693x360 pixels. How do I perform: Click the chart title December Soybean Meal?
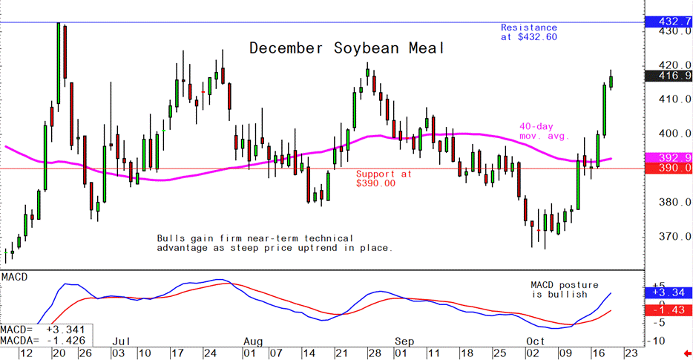(x=346, y=49)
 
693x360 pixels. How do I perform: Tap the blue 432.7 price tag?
(x=669, y=21)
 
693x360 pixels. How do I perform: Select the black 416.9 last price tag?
(x=669, y=76)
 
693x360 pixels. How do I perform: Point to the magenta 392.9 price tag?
(x=669, y=158)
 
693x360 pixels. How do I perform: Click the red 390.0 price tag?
(x=669, y=168)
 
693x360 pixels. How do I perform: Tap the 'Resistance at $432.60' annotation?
(x=528, y=31)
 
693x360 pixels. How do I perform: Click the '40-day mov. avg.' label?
(x=542, y=131)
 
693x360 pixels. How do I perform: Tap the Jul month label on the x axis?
(x=122, y=341)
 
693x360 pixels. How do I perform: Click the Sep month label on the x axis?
(x=404, y=341)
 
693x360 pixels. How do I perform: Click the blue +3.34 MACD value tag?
(x=669, y=293)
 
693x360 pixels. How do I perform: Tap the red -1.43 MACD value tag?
(x=669, y=309)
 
